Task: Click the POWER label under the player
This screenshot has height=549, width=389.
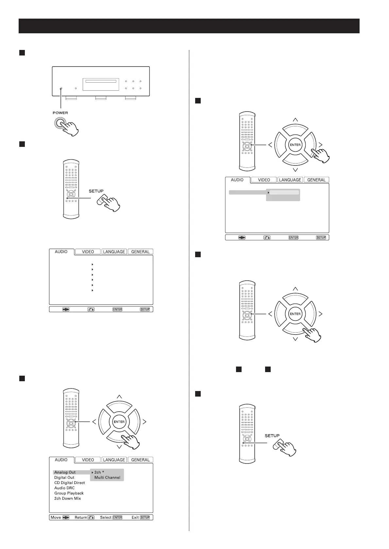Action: (60, 113)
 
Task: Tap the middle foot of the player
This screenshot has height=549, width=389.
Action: (100, 98)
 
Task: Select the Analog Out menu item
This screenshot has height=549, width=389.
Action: (65, 472)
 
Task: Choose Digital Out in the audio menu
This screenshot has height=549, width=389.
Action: (64, 478)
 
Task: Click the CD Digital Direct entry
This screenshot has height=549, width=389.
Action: (69, 483)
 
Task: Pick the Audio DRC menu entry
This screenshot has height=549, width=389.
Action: (64, 488)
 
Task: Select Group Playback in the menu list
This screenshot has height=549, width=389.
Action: (69, 493)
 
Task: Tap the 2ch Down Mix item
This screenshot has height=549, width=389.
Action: (67, 498)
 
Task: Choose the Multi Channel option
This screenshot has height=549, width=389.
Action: (107, 478)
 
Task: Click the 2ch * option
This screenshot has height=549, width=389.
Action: (99, 472)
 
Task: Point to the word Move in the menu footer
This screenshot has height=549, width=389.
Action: (56, 517)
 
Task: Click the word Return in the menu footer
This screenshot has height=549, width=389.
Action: (81, 517)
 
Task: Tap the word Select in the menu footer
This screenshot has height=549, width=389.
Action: (106, 517)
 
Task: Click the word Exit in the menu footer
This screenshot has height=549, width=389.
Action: (135, 517)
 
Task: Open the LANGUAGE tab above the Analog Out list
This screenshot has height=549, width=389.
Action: (114, 460)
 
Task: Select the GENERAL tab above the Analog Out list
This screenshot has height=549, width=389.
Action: (140, 460)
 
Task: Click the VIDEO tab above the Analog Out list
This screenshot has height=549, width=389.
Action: (88, 460)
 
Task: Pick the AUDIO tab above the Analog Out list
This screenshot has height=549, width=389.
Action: (61, 460)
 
